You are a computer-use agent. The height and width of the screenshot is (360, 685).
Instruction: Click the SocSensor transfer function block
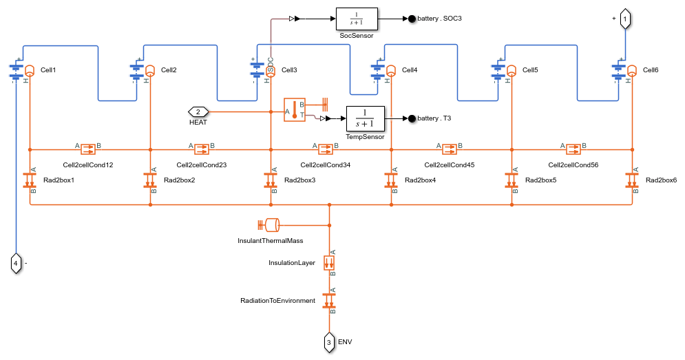pyautogui.click(x=357, y=19)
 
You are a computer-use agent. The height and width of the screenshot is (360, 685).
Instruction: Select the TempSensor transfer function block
pyautogui.click(x=365, y=118)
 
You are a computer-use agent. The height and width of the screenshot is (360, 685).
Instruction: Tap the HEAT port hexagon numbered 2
pyautogui.click(x=198, y=112)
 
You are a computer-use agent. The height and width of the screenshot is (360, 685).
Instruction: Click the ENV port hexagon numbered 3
pyautogui.click(x=329, y=342)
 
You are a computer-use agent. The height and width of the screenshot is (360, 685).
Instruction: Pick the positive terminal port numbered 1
pyautogui.click(x=625, y=19)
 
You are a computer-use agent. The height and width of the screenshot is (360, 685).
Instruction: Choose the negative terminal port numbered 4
pyautogui.click(x=16, y=264)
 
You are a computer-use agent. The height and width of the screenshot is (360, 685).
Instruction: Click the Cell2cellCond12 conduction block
pyautogui.click(x=88, y=149)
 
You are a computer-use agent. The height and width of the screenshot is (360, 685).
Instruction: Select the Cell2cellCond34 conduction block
pyautogui.click(x=326, y=149)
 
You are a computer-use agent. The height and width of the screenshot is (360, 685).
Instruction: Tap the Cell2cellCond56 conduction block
pyautogui.click(x=573, y=149)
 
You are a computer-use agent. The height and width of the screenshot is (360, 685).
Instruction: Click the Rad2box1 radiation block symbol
pyautogui.click(x=30, y=180)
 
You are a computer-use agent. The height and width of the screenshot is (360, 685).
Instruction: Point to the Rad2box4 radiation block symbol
pyautogui.click(x=391, y=180)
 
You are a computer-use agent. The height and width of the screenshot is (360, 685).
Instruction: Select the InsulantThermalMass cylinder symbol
pyautogui.click(x=268, y=225)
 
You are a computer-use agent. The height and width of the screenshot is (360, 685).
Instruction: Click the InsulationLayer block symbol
pyautogui.click(x=329, y=263)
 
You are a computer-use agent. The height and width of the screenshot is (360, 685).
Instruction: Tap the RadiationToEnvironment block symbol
pyautogui.click(x=329, y=301)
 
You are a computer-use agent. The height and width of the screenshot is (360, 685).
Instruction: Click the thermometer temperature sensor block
pyautogui.click(x=295, y=109)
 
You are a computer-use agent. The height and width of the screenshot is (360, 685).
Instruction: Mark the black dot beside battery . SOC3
pyautogui.click(x=412, y=19)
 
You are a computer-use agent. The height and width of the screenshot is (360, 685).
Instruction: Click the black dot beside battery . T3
pyautogui.click(x=412, y=118)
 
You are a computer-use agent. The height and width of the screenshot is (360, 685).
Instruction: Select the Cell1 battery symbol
pyautogui.click(x=17, y=71)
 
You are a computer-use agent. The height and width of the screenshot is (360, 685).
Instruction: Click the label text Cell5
pyautogui.click(x=530, y=70)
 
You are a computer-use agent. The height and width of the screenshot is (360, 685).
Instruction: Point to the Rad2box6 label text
pyautogui.click(x=661, y=180)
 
